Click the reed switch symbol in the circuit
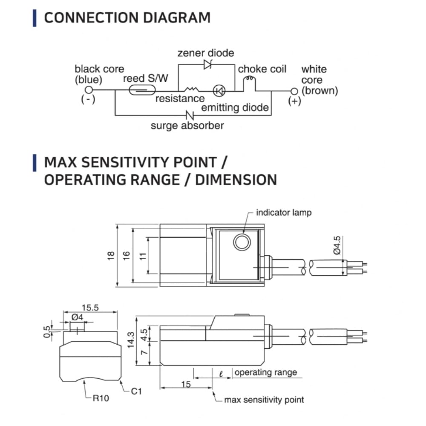coord(142,90)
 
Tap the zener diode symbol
coord(208,64)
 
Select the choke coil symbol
coord(249,79)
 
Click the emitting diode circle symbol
coord(219,90)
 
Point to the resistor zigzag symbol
coord(191,89)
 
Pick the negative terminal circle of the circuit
coord(89,90)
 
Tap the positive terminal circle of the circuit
coord(294,91)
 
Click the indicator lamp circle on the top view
coord(242,242)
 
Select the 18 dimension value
coord(111,256)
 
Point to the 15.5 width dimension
coord(90,308)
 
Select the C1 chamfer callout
coord(136,391)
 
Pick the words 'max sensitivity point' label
coord(264,400)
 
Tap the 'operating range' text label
coord(266,372)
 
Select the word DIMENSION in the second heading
coord(236,179)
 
